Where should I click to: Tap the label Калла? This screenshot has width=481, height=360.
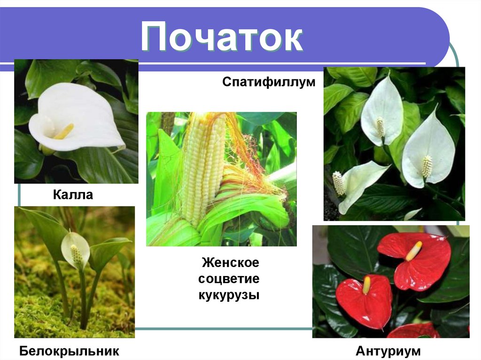pos(72,194)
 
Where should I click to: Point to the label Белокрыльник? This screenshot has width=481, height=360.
pos(69,351)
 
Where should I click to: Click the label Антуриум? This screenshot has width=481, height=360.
pos(388,351)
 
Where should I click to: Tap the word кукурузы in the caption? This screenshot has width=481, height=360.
pos(229,296)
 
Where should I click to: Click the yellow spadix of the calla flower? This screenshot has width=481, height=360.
pos(64,132)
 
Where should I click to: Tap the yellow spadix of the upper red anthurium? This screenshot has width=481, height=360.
pos(414,251)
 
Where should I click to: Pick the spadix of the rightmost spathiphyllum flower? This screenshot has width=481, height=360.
pos(427,166)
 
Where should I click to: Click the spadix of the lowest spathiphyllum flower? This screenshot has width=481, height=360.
pos(338,183)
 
